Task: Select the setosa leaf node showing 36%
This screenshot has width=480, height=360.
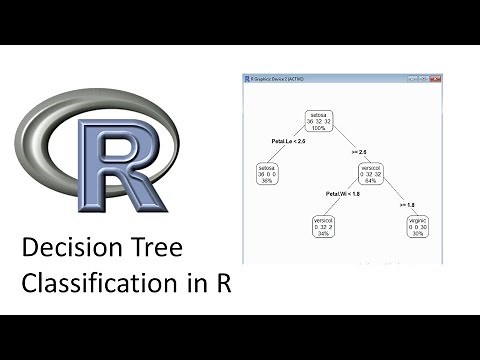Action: point(267,173)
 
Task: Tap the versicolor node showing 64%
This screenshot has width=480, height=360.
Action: point(371,173)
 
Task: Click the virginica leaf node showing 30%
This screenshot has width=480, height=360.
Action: point(422,229)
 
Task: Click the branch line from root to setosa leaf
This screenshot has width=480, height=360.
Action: point(290,144)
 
